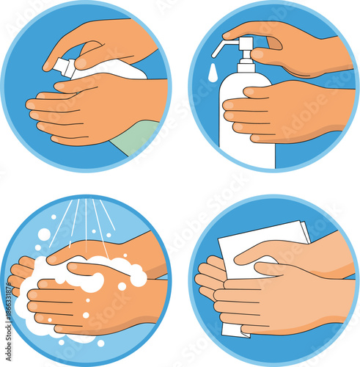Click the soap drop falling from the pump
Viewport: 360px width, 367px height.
[212, 73]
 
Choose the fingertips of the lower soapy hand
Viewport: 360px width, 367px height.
[33, 308]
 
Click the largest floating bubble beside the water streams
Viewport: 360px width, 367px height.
[44, 234]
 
